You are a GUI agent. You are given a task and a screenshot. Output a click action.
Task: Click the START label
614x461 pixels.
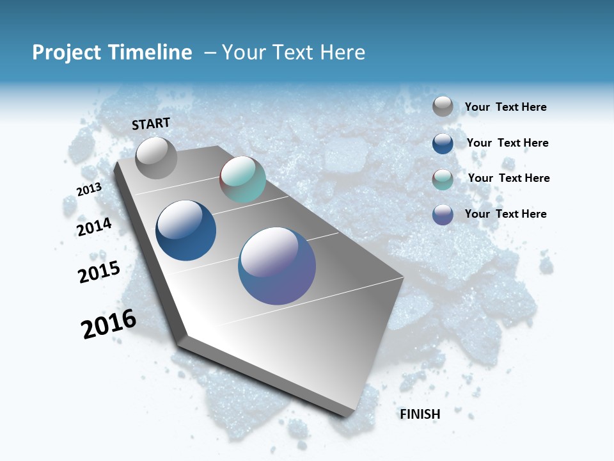[151, 124]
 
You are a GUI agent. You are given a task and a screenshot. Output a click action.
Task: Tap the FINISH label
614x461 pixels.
[420, 414]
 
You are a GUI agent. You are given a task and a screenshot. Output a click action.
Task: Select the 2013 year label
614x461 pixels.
[89, 190]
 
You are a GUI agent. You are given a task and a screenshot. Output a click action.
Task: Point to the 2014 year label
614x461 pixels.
[94, 227]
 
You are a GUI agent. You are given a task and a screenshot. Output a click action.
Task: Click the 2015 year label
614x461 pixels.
[99, 272]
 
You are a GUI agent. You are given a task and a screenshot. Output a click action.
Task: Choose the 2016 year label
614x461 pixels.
[109, 324]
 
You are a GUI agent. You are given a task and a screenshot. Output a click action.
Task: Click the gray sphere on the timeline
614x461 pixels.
[156, 158]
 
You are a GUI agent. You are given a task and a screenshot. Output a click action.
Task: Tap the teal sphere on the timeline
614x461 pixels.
[242, 179]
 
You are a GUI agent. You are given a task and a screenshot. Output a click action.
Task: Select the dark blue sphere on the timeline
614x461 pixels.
[185, 230]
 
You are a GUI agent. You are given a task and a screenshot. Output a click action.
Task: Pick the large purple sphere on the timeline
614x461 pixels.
[277, 266]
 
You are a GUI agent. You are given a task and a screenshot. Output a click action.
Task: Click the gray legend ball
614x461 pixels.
[443, 106]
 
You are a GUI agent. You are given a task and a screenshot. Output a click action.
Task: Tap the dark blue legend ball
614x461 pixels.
[443, 143]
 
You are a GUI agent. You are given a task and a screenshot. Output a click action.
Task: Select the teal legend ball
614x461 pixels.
[443, 179]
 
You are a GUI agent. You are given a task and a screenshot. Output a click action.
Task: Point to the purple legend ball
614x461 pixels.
[443, 214]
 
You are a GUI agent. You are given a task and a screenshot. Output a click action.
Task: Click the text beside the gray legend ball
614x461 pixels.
[505, 108]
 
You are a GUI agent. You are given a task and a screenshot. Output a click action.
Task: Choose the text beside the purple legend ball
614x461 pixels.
[505, 214]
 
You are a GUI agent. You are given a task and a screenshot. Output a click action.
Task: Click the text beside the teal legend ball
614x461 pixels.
[508, 178]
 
